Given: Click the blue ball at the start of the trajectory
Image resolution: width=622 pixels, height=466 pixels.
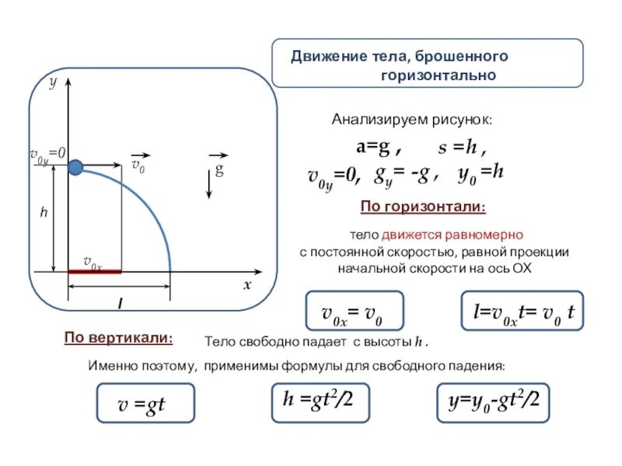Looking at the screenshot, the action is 75,167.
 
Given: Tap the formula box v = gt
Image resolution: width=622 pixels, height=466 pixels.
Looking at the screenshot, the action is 145,403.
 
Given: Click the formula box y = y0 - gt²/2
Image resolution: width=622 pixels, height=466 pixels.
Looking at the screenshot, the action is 493,402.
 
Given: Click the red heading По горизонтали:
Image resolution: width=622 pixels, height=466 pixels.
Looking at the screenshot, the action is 424,207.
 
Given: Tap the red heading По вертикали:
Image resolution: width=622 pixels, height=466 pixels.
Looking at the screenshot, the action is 118,338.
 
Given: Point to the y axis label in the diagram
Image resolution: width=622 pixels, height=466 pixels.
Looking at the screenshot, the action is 54,82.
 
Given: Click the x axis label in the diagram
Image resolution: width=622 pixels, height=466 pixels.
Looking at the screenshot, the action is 247,284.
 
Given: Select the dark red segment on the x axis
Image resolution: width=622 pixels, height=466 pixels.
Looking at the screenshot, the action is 95,272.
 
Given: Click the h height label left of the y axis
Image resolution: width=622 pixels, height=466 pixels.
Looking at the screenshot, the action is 44,210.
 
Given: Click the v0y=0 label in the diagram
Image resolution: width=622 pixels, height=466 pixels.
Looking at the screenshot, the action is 47,155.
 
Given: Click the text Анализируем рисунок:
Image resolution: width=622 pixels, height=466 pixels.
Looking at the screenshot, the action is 412,120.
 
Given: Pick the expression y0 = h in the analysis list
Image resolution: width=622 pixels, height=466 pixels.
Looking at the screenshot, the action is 481,176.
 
